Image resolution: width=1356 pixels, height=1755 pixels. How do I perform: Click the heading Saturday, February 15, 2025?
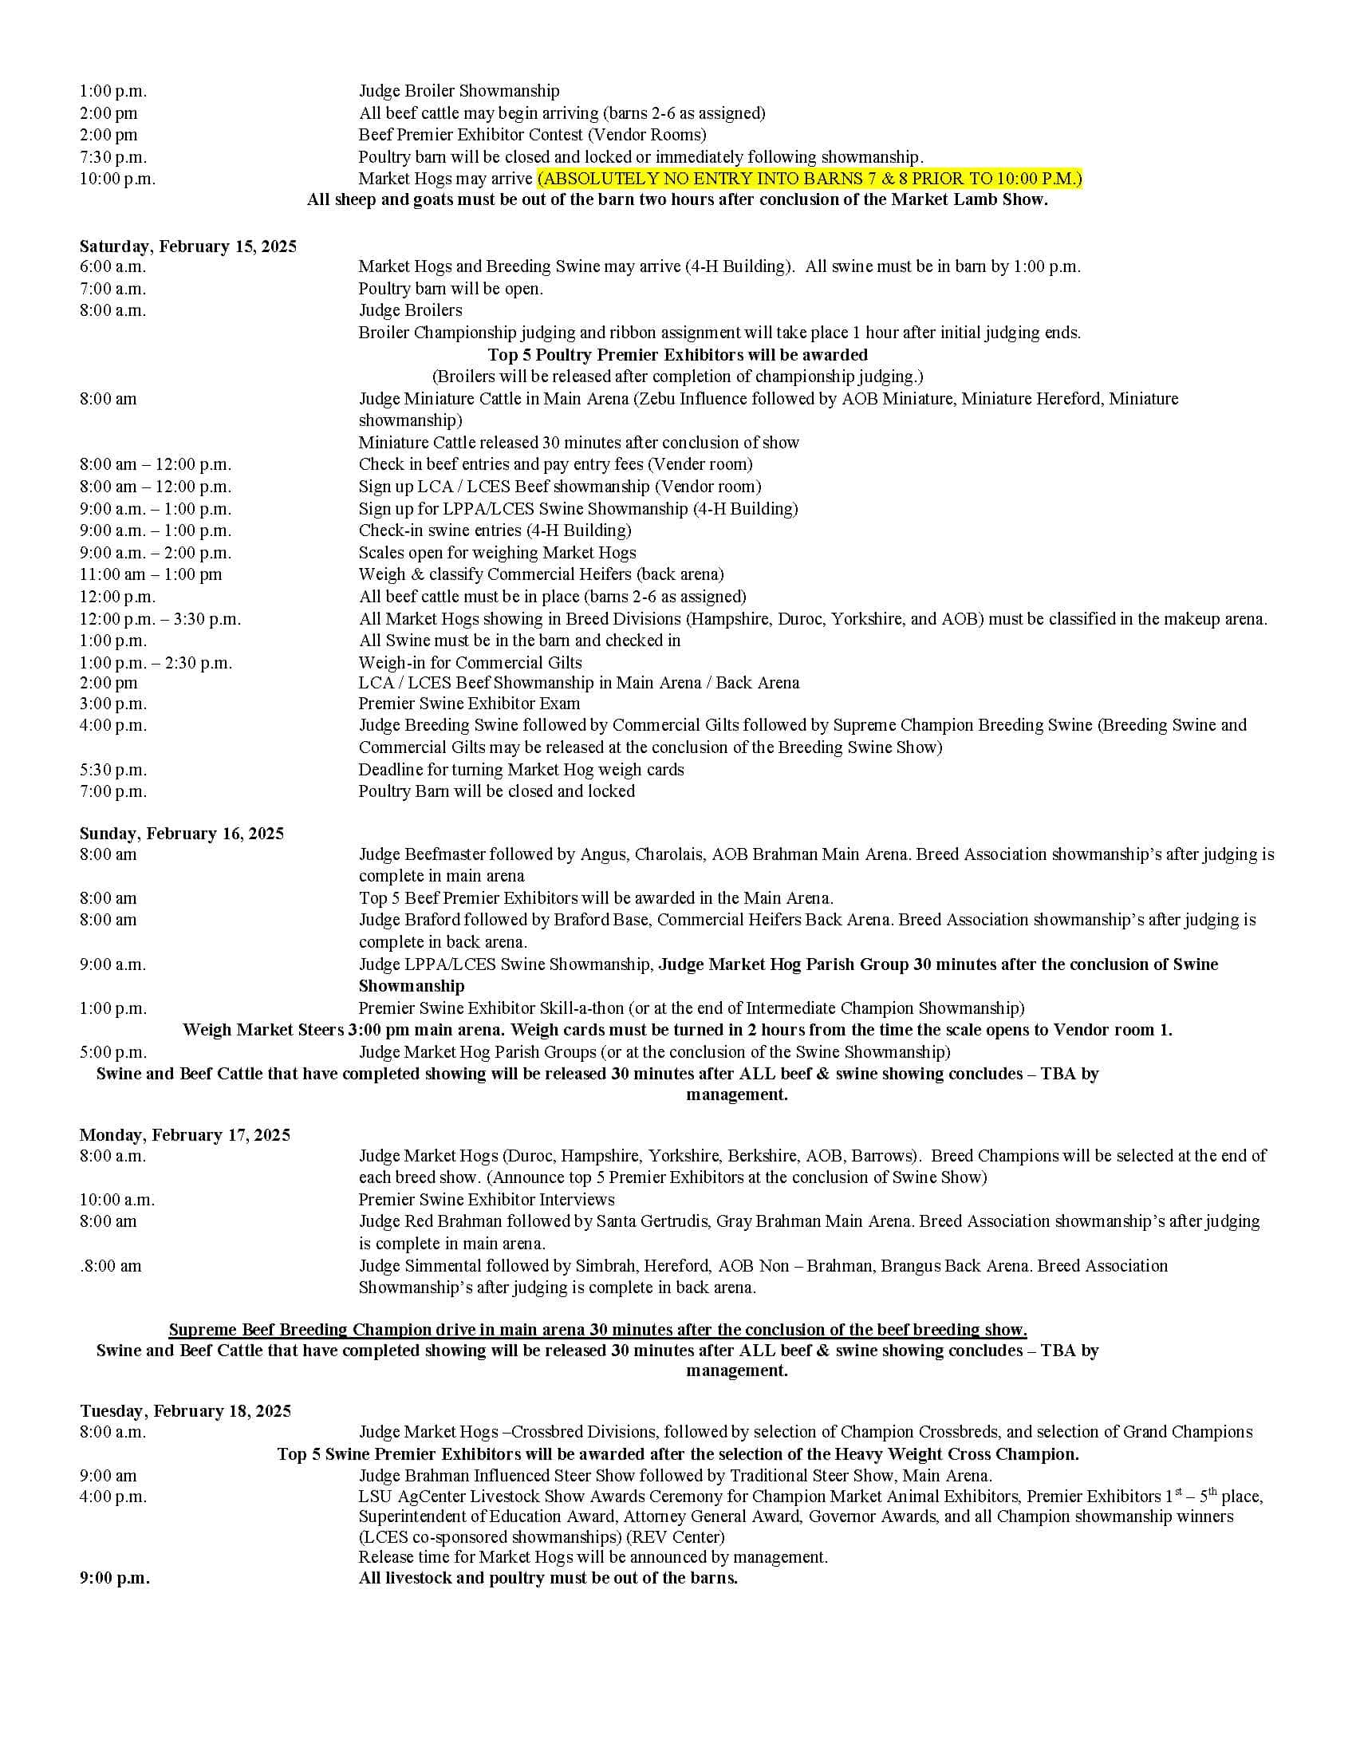[x=188, y=246]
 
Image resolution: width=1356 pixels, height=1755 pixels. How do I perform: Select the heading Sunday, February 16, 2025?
[x=182, y=834]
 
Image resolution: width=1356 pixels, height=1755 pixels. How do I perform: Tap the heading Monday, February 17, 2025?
[x=185, y=1134]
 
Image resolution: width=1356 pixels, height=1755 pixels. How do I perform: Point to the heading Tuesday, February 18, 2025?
[x=186, y=1411]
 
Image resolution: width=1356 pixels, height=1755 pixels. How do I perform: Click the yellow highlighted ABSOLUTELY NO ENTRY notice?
[x=810, y=179]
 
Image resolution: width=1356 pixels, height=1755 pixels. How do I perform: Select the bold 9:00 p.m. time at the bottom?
[x=114, y=1577]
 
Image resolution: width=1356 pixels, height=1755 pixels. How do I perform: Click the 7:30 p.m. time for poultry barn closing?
[x=113, y=156]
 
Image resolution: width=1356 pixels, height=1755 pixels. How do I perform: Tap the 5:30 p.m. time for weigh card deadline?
[x=113, y=770]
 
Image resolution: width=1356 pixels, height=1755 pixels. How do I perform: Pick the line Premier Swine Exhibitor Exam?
[x=469, y=704]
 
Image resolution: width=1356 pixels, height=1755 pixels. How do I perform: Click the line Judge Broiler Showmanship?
[x=459, y=91]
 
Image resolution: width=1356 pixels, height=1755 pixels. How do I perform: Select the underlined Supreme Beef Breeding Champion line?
[x=597, y=1329]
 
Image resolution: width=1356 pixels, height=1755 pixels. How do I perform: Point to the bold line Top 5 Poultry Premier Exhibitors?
[x=677, y=354]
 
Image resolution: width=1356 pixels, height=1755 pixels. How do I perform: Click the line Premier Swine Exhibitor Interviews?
[x=486, y=1200]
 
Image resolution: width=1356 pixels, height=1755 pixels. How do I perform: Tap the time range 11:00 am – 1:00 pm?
[x=150, y=574]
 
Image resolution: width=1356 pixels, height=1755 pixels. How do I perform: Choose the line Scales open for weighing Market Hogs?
[x=497, y=553]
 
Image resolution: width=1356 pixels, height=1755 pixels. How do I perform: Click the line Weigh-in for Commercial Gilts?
[x=470, y=663]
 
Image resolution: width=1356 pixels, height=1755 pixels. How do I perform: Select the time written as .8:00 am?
[x=111, y=1267]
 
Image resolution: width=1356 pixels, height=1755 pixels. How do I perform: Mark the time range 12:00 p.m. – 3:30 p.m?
[x=160, y=619]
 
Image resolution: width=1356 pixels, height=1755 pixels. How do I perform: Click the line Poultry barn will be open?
[x=451, y=289]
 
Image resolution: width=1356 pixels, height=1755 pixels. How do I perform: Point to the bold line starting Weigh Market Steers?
[x=677, y=1030]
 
